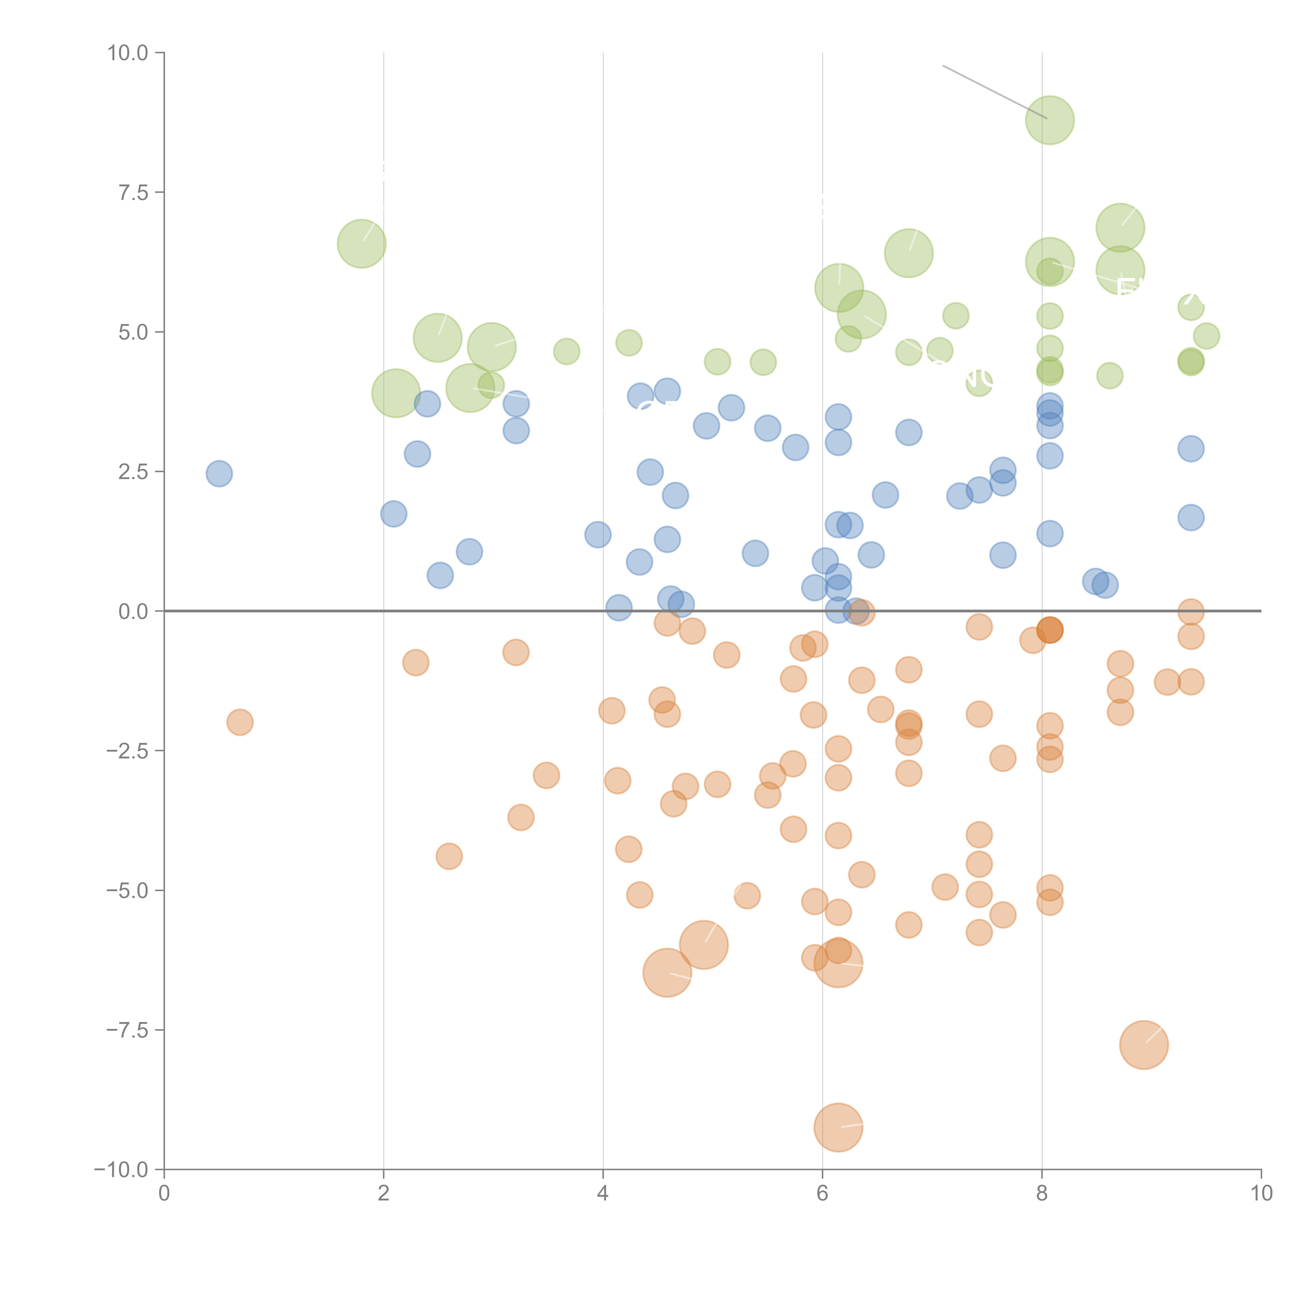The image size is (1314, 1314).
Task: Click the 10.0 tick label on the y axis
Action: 128,53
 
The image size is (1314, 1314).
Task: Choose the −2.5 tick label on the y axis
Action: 128,751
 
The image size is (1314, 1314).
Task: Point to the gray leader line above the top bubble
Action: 993,92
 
